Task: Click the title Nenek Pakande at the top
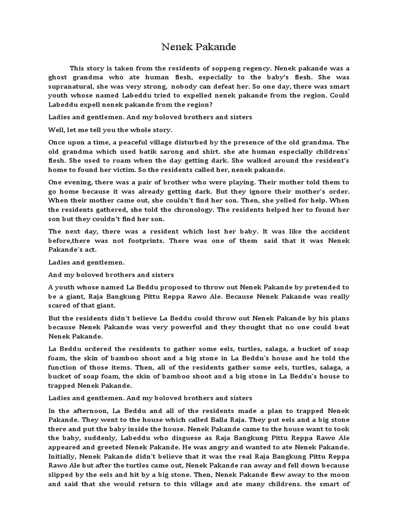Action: [x=198, y=47]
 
